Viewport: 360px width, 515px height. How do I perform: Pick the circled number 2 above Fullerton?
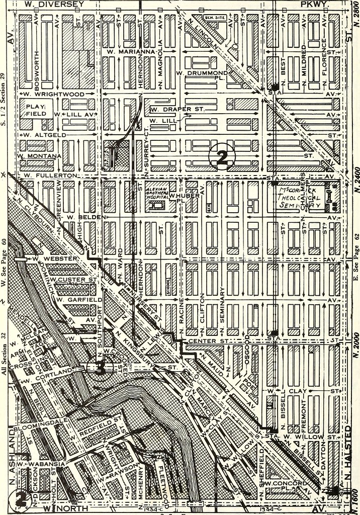pos(222,157)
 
